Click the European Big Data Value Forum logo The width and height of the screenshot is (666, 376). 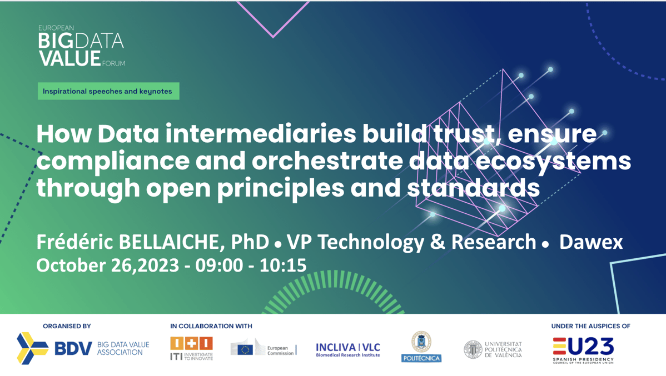pyautogui.click(x=81, y=47)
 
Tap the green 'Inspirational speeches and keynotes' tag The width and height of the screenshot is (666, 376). pyautogui.click(x=108, y=91)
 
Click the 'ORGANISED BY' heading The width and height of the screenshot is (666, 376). pyautogui.click(x=67, y=326)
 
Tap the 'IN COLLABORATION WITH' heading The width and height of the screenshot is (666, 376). pyautogui.click(x=211, y=326)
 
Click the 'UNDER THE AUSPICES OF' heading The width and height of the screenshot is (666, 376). pyautogui.click(x=590, y=326)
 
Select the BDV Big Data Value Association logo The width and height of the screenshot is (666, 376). pyautogui.click(x=83, y=348)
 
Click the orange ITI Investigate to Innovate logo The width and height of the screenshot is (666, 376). pyautogui.click(x=191, y=348)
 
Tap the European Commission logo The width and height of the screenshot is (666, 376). pyautogui.click(x=264, y=349)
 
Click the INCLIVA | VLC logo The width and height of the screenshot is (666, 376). pyautogui.click(x=348, y=349)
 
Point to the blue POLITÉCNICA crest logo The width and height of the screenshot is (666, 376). pyautogui.click(x=421, y=347)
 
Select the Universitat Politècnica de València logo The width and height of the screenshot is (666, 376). pyautogui.click(x=493, y=349)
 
